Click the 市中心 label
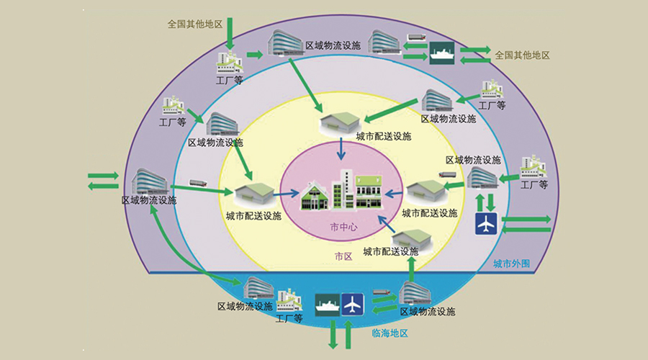(x=343, y=227)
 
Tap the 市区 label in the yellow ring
(x=343, y=256)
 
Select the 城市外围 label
(x=511, y=263)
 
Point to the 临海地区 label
(x=390, y=333)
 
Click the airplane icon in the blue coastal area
(x=352, y=304)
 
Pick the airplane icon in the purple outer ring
(x=487, y=223)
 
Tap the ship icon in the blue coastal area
(x=328, y=304)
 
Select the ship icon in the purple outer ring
(x=441, y=53)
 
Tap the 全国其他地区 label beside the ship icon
(x=522, y=55)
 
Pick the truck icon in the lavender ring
(x=198, y=182)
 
